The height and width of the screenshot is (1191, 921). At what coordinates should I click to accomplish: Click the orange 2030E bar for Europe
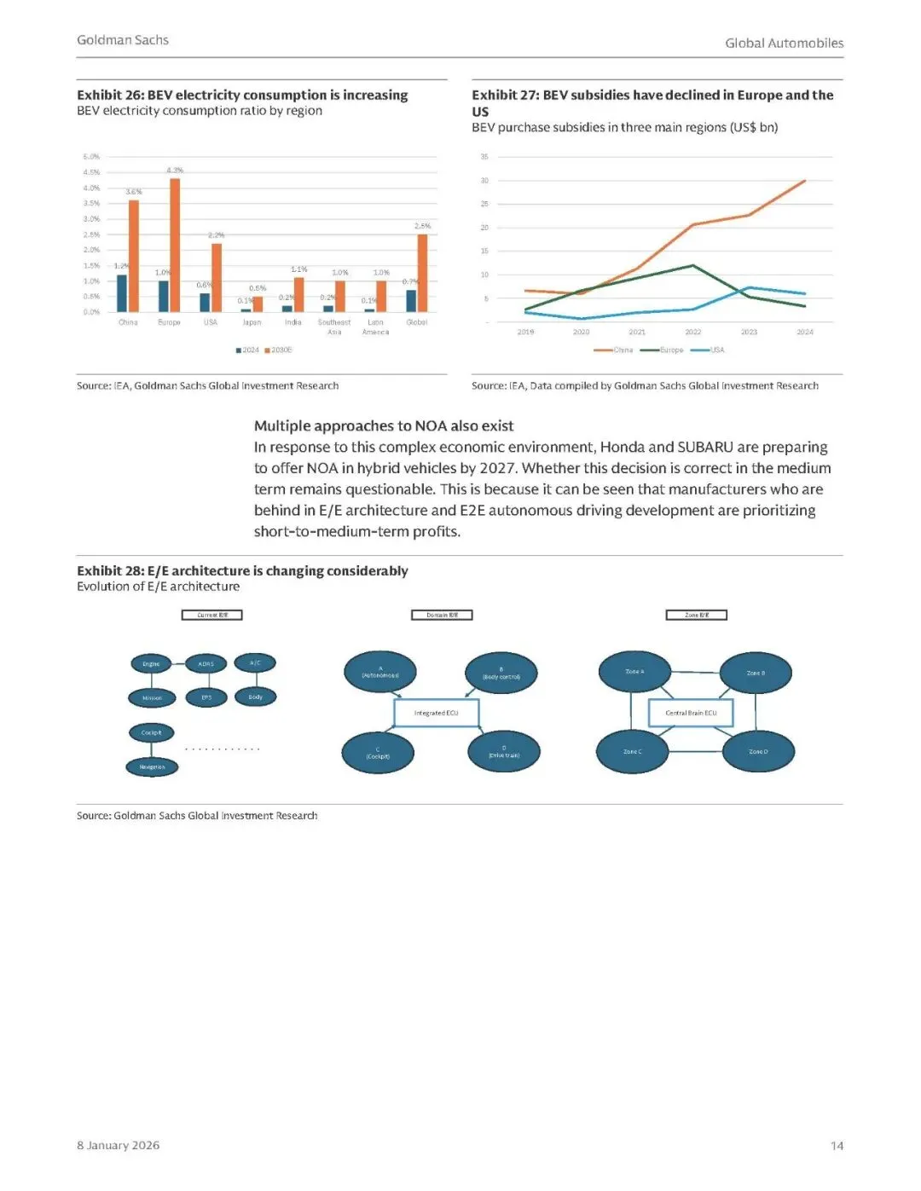(175, 245)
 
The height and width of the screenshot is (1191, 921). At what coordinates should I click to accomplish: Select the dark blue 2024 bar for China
(122, 293)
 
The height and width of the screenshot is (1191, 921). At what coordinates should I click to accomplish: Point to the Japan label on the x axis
(252, 322)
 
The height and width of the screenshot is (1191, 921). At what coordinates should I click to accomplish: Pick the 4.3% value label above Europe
(175, 171)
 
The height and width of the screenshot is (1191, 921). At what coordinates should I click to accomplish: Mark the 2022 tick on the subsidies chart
(692, 332)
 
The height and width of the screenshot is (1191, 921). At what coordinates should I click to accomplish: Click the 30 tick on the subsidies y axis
(484, 181)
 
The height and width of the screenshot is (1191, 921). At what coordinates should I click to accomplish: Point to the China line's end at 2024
(804, 181)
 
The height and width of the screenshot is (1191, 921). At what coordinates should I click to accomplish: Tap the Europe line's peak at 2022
(692, 265)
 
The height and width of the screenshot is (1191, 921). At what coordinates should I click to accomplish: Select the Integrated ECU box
(436, 713)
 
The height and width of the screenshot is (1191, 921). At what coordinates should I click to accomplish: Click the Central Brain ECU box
(691, 713)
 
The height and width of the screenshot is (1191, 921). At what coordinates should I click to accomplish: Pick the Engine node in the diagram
(151, 663)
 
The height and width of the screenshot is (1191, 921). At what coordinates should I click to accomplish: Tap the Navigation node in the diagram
(153, 767)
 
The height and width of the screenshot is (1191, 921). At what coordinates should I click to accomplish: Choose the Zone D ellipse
(758, 752)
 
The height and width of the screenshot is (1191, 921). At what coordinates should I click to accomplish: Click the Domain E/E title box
(442, 615)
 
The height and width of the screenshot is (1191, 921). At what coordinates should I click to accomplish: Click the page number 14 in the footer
(837, 1146)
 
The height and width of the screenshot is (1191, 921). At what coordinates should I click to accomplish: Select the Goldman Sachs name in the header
(123, 40)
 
